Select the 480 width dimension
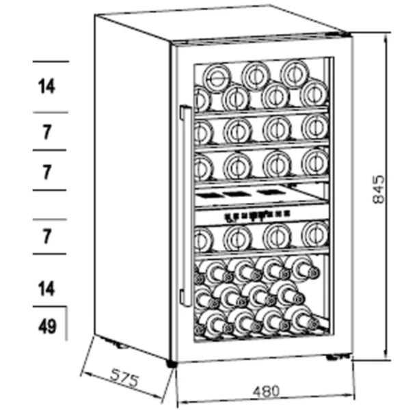click(x=266, y=391)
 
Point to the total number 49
click(x=47, y=327)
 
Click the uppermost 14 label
click(x=46, y=86)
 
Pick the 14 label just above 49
click(x=46, y=288)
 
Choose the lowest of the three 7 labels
click(x=46, y=237)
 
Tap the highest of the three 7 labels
click(x=46, y=132)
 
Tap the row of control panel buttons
click(x=258, y=215)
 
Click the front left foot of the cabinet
click(x=172, y=364)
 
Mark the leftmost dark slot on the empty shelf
click(x=209, y=196)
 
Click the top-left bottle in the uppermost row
click(x=217, y=78)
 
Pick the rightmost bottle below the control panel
click(x=315, y=234)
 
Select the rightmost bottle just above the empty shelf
click(x=315, y=162)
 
